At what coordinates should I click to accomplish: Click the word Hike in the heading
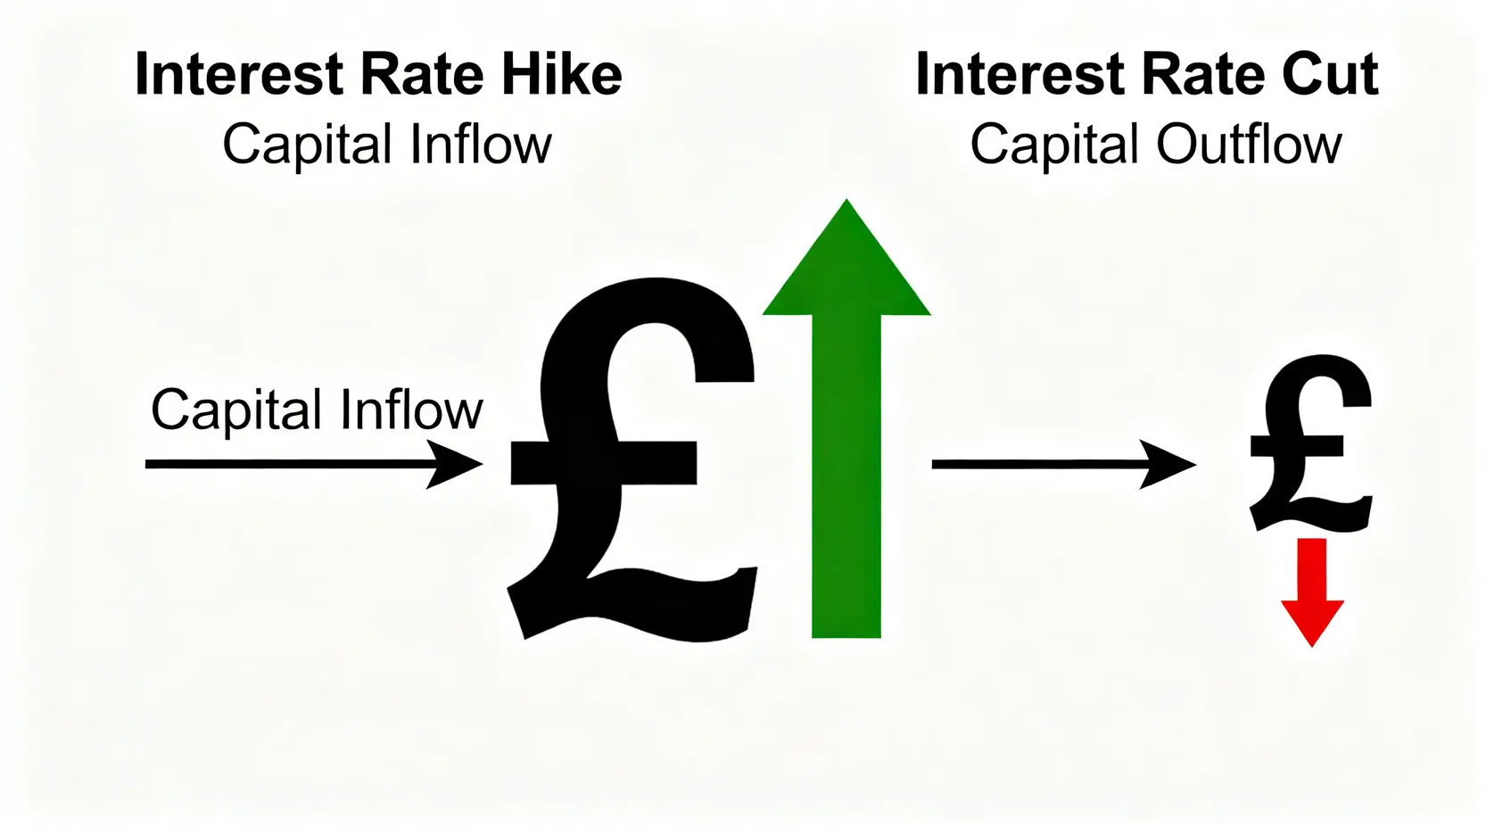562,74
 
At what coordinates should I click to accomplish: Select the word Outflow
1249,144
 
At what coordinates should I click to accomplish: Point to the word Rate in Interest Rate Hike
422,74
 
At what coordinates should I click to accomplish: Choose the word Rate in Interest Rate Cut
1202,74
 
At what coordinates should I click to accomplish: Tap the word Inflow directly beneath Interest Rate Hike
481,144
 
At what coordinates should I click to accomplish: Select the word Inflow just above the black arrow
411,409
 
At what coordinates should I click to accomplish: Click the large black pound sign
633,459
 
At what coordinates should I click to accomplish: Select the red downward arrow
1312,592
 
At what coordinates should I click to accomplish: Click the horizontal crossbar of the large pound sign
604,463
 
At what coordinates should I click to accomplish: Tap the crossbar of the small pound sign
1297,446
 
